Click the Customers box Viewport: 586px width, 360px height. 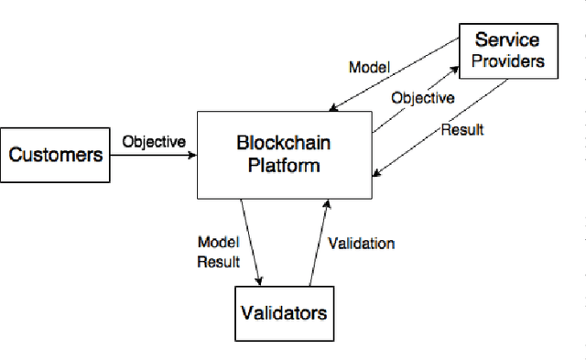pyautogui.click(x=56, y=154)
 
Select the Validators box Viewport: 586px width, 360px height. pyautogui.click(x=283, y=313)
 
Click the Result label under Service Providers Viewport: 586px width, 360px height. pyautogui.click(x=461, y=129)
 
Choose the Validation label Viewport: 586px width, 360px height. pyautogui.click(x=362, y=244)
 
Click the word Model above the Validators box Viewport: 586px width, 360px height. pyautogui.click(x=218, y=243)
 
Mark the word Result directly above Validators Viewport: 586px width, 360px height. pyautogui.click(x=218, y=262)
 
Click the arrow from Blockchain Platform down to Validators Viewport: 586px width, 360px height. pyautogui.click(x=252, y=240)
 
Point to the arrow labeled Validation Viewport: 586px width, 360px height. pyautogui.click(x=317, y=242)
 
